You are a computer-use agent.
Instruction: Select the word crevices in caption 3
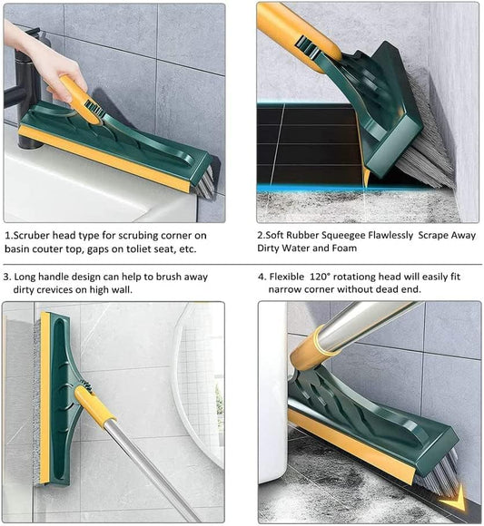(63, 289)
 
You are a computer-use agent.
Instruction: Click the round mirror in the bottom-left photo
(199, 381)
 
